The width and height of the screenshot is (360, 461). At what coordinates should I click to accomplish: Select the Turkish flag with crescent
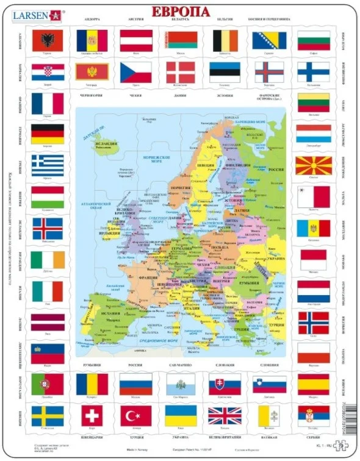pos(136,416)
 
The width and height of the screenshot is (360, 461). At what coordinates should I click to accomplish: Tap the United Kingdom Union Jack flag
pos(225,416)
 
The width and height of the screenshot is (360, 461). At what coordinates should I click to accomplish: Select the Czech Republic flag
pos(136,71)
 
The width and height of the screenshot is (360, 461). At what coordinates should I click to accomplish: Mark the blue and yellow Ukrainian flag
pos(181,416)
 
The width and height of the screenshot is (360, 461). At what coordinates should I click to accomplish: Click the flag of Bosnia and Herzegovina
pos(269,41)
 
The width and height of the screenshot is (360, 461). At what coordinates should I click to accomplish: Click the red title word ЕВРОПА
pos(181,12)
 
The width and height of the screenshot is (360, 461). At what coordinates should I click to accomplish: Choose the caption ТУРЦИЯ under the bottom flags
pos(136,437)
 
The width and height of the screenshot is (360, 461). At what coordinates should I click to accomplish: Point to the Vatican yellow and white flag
pos(269,416)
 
